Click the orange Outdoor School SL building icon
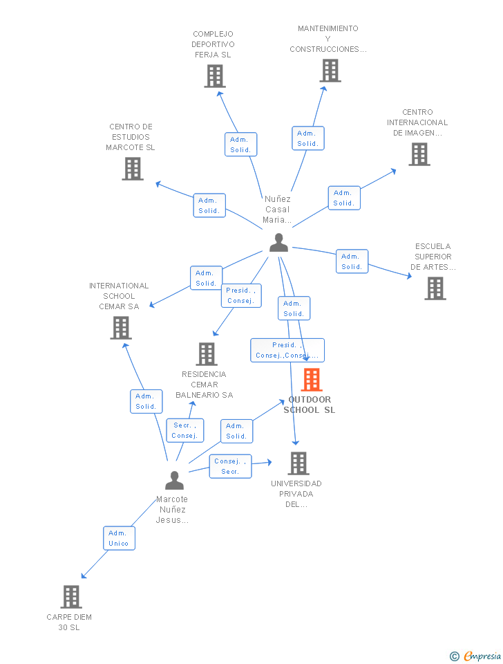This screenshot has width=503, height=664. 312,380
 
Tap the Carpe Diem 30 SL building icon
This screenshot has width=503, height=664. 71,597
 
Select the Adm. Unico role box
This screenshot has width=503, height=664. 120,538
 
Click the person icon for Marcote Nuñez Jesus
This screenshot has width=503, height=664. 174,480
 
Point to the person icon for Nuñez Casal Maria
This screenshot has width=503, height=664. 278,243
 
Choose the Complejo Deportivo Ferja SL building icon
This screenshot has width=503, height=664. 215,76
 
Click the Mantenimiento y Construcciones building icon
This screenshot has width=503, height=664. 330,71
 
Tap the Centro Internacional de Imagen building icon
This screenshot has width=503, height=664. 419,154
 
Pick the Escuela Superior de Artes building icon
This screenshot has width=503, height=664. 435,288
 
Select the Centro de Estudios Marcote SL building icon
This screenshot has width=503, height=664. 133,169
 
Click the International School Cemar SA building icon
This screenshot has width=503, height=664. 121,328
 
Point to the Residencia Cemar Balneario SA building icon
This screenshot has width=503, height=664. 207,354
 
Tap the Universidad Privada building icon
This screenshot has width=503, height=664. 298,463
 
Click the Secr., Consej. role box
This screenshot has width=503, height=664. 185,430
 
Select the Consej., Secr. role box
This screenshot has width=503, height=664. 231,466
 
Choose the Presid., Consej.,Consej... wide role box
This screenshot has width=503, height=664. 287,350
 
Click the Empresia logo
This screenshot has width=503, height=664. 475,656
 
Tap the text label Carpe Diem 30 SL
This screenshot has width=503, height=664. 69,622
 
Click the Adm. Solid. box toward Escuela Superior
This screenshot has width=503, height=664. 352,261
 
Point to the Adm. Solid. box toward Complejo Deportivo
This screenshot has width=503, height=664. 240,145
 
